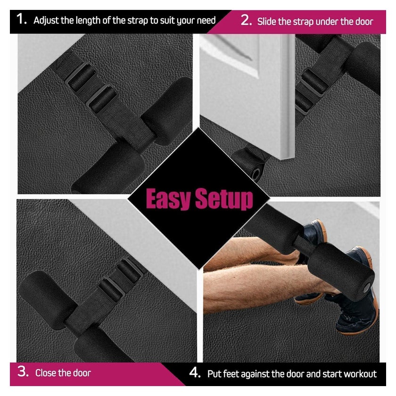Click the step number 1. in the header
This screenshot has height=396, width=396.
pos(22,19)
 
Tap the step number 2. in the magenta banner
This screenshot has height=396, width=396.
pos(246,20)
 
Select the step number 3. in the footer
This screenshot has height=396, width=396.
pos(23,372)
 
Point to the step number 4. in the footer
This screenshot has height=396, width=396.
pos(195,372)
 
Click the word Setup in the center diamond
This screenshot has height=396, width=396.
pos(224,199)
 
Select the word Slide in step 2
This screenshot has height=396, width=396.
pos(267,22)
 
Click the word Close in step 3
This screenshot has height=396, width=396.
pos(46,373)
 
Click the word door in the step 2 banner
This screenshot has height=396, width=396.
pos(364,22)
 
